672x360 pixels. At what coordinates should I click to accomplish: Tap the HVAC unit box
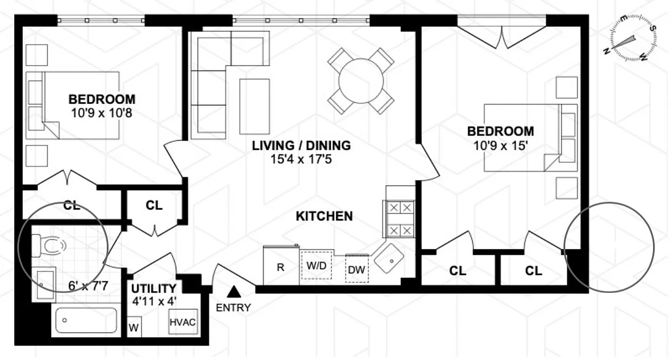[x=183, y=322]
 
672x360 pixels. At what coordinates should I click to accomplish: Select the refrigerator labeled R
[x=281, y=266]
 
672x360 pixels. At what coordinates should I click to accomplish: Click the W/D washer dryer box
[x=316, y=265]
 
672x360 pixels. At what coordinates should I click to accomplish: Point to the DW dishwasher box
[x=357, y=269]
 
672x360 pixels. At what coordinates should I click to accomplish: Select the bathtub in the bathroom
[x=86, y=320]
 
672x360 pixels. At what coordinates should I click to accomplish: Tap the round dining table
[x=361, y=81]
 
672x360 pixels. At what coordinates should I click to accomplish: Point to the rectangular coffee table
[x=255, y=106]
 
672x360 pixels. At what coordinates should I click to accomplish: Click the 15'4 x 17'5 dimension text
[x=301, y=159]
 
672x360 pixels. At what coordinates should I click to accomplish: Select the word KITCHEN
[x=324, y=216]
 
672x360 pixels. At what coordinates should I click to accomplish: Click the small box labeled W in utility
[x=134, y=328]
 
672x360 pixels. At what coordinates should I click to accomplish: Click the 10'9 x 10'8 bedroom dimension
[x=101, y=112]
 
